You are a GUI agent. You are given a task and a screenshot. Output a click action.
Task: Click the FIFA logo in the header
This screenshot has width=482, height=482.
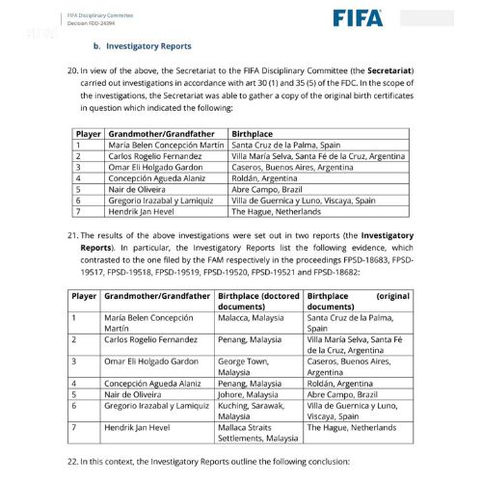pyautogui.click(x=358, y=17)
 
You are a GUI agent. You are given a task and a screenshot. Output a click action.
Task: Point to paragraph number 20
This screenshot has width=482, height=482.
pyautogui.click(x=69, y=71)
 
